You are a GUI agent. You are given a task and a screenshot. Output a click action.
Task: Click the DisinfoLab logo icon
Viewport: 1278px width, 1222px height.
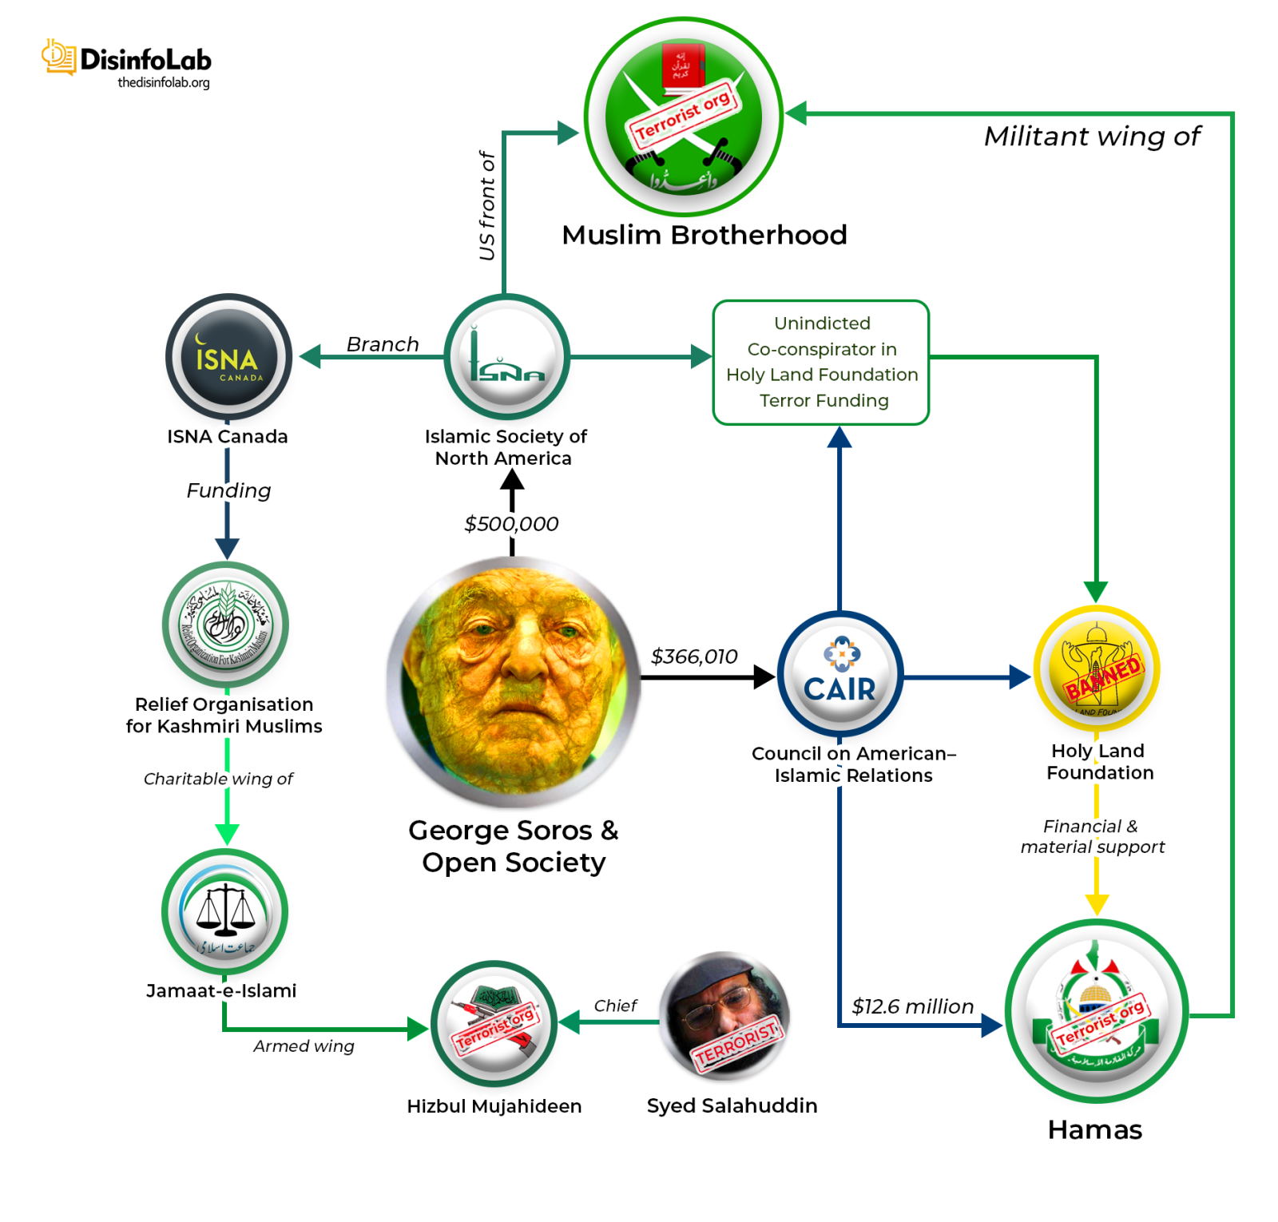(x=58, y=58)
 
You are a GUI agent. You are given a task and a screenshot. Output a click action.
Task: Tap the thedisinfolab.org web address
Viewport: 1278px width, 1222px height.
(x=163, y=82)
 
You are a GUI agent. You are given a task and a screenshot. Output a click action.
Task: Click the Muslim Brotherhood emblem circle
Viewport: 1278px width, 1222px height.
(x=683, y=117)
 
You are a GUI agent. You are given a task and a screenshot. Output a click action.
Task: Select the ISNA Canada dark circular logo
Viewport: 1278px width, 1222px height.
(x=228, y=357)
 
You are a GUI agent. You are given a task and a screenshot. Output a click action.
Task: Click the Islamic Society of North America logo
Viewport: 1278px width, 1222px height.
(x=506, y=357)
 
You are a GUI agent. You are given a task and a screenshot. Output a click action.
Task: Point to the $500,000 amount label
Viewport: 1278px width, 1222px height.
(x=511, y=524)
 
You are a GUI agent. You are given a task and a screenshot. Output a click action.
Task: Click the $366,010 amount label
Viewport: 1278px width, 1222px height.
(x=694, y=657)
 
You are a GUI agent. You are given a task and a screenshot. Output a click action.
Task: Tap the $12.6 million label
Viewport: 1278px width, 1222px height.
(x=912, y=1006)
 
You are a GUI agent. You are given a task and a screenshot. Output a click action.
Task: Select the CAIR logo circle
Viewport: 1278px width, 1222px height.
(x=839, y=675)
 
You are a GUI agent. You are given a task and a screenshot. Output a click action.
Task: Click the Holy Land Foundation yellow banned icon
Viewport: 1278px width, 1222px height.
(x=1096, y=669)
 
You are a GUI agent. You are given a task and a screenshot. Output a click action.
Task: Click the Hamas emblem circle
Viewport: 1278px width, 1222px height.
(x=1096, y=1012)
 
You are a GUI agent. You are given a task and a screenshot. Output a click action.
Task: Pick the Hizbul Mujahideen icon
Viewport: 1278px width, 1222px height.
(x=494, y=1023)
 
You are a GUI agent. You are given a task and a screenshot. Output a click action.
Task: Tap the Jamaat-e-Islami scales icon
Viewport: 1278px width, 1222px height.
(x=225, y=912)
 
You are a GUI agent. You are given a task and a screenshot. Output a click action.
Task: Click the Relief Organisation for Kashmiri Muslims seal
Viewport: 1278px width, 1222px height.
(x=225, y=625)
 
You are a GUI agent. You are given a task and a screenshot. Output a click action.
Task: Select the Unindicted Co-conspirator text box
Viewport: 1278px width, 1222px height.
(x=821, y=362)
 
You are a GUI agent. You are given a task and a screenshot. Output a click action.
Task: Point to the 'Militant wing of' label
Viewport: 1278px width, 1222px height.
(x=1091, y=137)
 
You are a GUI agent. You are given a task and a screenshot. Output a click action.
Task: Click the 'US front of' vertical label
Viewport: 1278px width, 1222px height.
(x=486, y=206)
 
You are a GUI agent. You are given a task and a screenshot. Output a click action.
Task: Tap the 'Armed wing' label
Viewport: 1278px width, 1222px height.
(x=304, y=1046)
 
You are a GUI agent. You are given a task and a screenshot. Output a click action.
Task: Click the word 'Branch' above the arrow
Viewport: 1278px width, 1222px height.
(x=383, y=344)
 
